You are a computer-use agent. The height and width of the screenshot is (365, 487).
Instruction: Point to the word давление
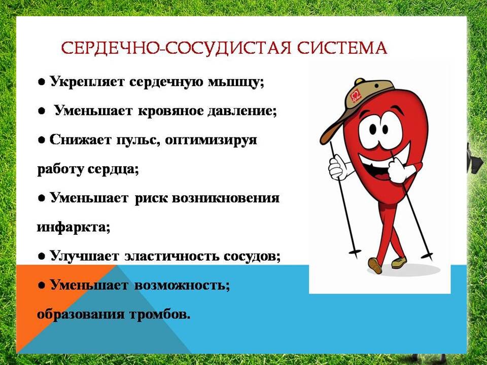(241, 112)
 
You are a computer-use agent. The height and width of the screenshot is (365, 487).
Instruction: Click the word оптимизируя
(211, 140)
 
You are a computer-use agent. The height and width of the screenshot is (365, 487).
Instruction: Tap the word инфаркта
(73, 227)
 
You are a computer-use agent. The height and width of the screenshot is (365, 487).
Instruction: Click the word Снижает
(80, 140)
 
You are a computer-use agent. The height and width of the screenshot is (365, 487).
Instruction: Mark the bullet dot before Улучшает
(42, 257)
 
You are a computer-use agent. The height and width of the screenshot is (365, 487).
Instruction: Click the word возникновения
(225, 198)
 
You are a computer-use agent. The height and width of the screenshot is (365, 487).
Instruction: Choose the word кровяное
(170, 112)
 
